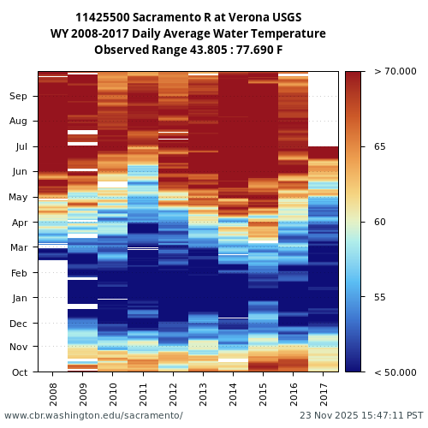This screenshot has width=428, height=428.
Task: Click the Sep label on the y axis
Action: [x=19, y=97]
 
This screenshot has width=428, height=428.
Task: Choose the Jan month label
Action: [x=19, y=298]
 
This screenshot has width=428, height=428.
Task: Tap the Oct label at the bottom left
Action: [x=19, y=372]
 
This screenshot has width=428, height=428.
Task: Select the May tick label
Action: [x=18, y=198]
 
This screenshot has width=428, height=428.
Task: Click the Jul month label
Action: [x=20, y=147]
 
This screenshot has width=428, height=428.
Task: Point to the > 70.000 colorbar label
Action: [x=395, y=72]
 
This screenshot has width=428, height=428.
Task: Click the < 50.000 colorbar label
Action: [x=395, y=372]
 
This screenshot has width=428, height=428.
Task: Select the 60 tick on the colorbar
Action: [x=379, y=222]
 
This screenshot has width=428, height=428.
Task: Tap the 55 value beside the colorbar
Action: [x=379, y=297]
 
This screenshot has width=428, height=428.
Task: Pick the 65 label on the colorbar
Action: [x=379, y=147]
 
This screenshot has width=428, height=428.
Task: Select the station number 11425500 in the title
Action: [x=106, y=18]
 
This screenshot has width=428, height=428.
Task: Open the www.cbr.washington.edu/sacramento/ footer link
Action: [x=93, y=415]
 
